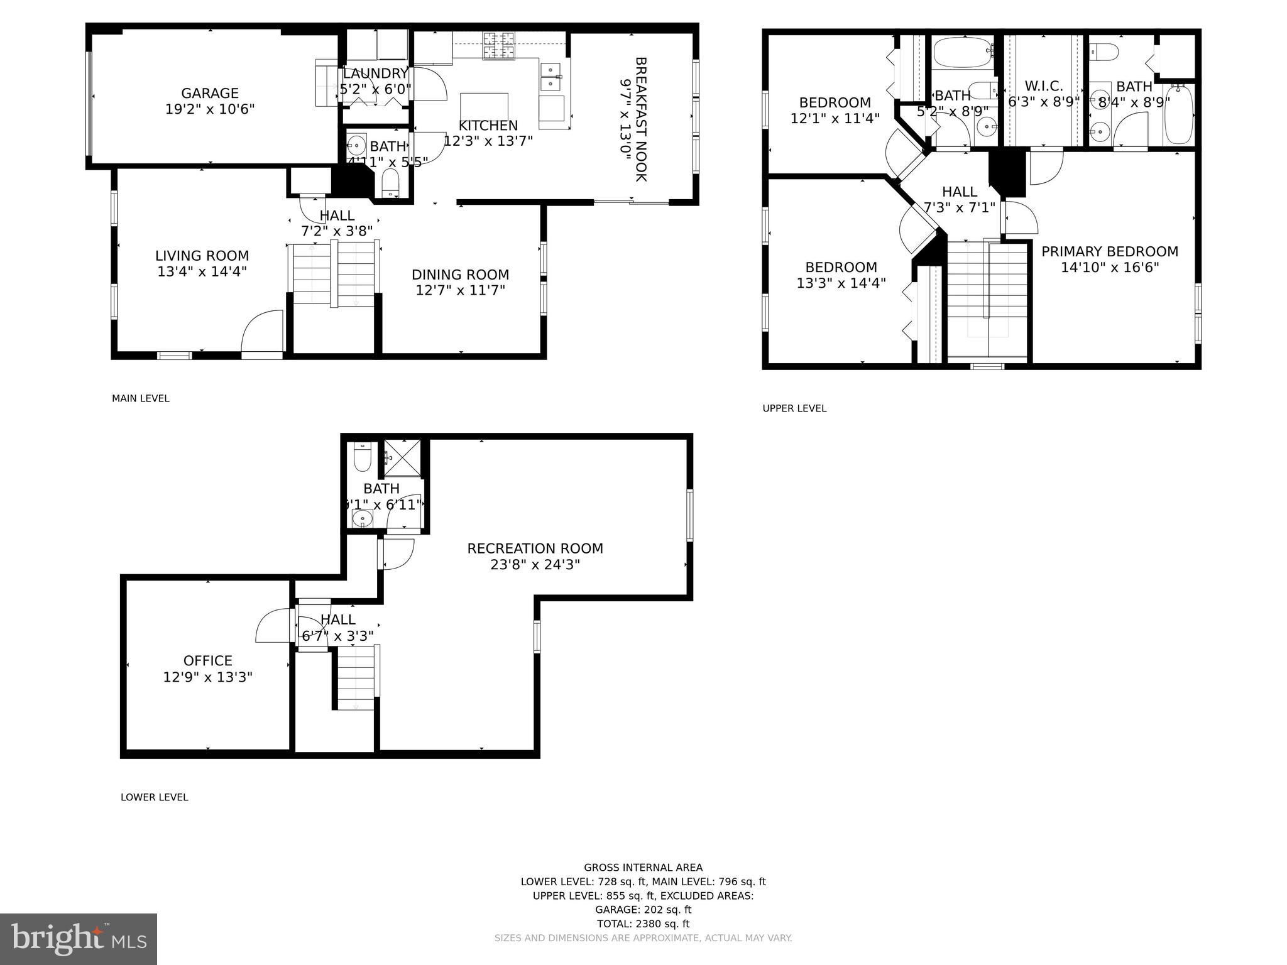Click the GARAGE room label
[x=210, y=94]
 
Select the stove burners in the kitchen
[x=499, y=45]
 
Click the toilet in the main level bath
[x=390, y=182]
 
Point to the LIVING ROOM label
[x=202, y=256]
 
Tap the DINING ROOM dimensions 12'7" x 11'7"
[x=460, y=290]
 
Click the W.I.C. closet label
[x=1043, y=86]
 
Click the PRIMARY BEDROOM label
[x=1109, y=252]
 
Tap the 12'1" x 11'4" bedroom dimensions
[x=835, y=118]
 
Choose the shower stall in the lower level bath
[x=402, y=457]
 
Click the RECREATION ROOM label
[x=535, y=548]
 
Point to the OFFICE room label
[x=207, y=660]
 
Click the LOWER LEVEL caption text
[x=154, y=797]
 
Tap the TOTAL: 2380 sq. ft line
[x=643, y=924]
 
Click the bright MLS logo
[x=79, y=939]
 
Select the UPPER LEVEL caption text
[x=794, y=408]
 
